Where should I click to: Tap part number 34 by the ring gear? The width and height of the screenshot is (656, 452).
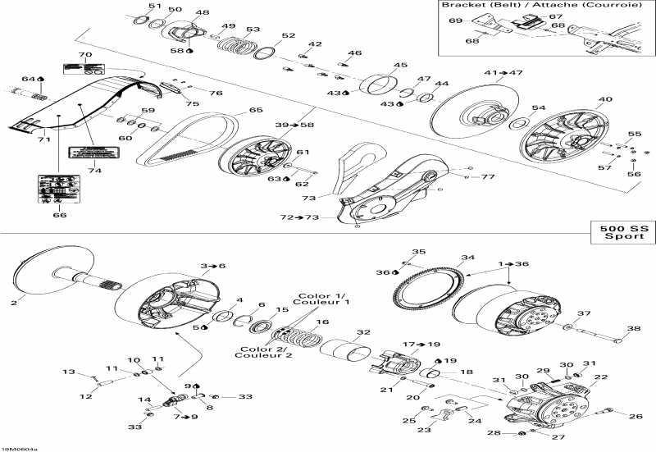click(x=467, y=258)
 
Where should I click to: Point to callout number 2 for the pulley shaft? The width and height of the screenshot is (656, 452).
click(x=14, y=303)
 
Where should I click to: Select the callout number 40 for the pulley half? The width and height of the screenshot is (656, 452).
click(x=605, y=101)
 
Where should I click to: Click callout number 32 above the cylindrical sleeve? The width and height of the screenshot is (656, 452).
click(x=358, y=332)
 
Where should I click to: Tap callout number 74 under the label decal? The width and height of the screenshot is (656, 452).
click(x=94, y=171)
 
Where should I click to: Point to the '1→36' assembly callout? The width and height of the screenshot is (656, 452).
click(x=514, y=264)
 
